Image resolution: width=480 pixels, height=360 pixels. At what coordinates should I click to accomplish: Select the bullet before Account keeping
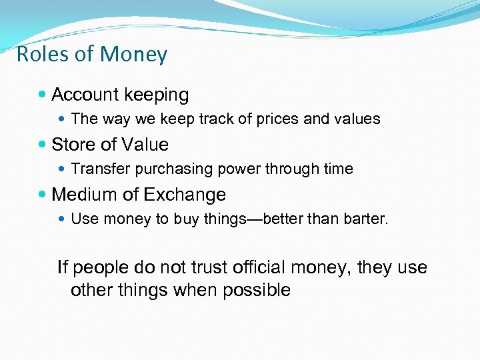pyautogui.click(x=43, y=95)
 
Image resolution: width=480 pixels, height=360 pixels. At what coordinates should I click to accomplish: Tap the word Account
pyautogui.click(x=85, y=95)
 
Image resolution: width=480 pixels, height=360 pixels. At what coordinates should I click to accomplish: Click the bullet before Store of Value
pyautogui.click(x=43, y=145)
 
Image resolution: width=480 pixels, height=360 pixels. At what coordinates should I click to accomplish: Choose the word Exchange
pyautogui.click(x=184, y=195)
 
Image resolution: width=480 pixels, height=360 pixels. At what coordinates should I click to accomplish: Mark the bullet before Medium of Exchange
pyautogui.click(x=43, y=195)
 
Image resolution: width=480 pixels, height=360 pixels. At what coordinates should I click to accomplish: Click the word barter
pyautogui.click(x=367, y=219)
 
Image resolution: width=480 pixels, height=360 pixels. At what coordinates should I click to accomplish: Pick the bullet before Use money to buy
pyautogui.click(x=62, y=219)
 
